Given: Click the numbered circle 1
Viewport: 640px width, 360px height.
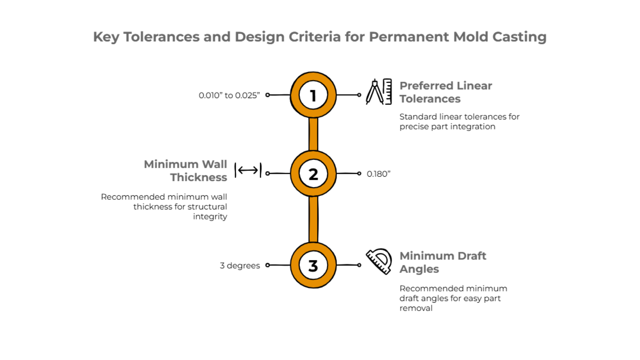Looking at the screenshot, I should (x=313, y=95).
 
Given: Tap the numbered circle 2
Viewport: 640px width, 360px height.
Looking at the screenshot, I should (x=313, y=174).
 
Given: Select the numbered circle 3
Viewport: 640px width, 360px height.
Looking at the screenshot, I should (x=313, y=265).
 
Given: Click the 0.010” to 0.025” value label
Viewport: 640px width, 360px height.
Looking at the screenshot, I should (x=229, y=95).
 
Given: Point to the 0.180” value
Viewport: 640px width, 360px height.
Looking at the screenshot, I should (x=378, y=174).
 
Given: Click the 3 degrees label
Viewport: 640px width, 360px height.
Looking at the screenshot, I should (x=240, y=266).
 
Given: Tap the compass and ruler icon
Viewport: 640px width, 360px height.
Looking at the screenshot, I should (x=379, y=92).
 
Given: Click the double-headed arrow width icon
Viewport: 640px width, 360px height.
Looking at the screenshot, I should (x=248, y=170).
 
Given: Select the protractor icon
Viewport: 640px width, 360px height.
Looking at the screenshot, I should (x=379, y=261).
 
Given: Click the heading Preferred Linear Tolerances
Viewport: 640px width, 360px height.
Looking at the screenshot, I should (x=446, y=92).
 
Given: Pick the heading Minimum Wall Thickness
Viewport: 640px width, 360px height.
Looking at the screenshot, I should (x=185, y=171).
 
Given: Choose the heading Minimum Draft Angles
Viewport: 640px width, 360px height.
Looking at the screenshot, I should (x=443, y=262).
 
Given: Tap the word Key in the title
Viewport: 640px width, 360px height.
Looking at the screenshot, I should (x=106, y=37).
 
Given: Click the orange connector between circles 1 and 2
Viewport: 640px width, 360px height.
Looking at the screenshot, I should (x=313, y=134).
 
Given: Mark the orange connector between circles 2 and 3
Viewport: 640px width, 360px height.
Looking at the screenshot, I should (x=313, y=219).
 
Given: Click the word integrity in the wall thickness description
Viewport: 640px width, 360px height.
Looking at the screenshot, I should (x=210, y=217).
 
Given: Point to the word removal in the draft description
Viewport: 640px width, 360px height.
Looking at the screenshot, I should (x=416, y=308).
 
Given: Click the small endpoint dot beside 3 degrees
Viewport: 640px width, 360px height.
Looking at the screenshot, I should (x=267, y=265).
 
